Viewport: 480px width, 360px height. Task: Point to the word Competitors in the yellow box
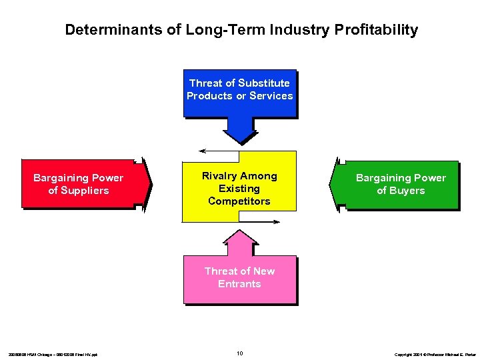point(239,201)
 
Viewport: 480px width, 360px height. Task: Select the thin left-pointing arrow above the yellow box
point(213,151)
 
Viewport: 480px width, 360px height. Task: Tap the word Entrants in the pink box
point(239,284)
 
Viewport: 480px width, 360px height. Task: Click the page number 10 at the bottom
point(239,353)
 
